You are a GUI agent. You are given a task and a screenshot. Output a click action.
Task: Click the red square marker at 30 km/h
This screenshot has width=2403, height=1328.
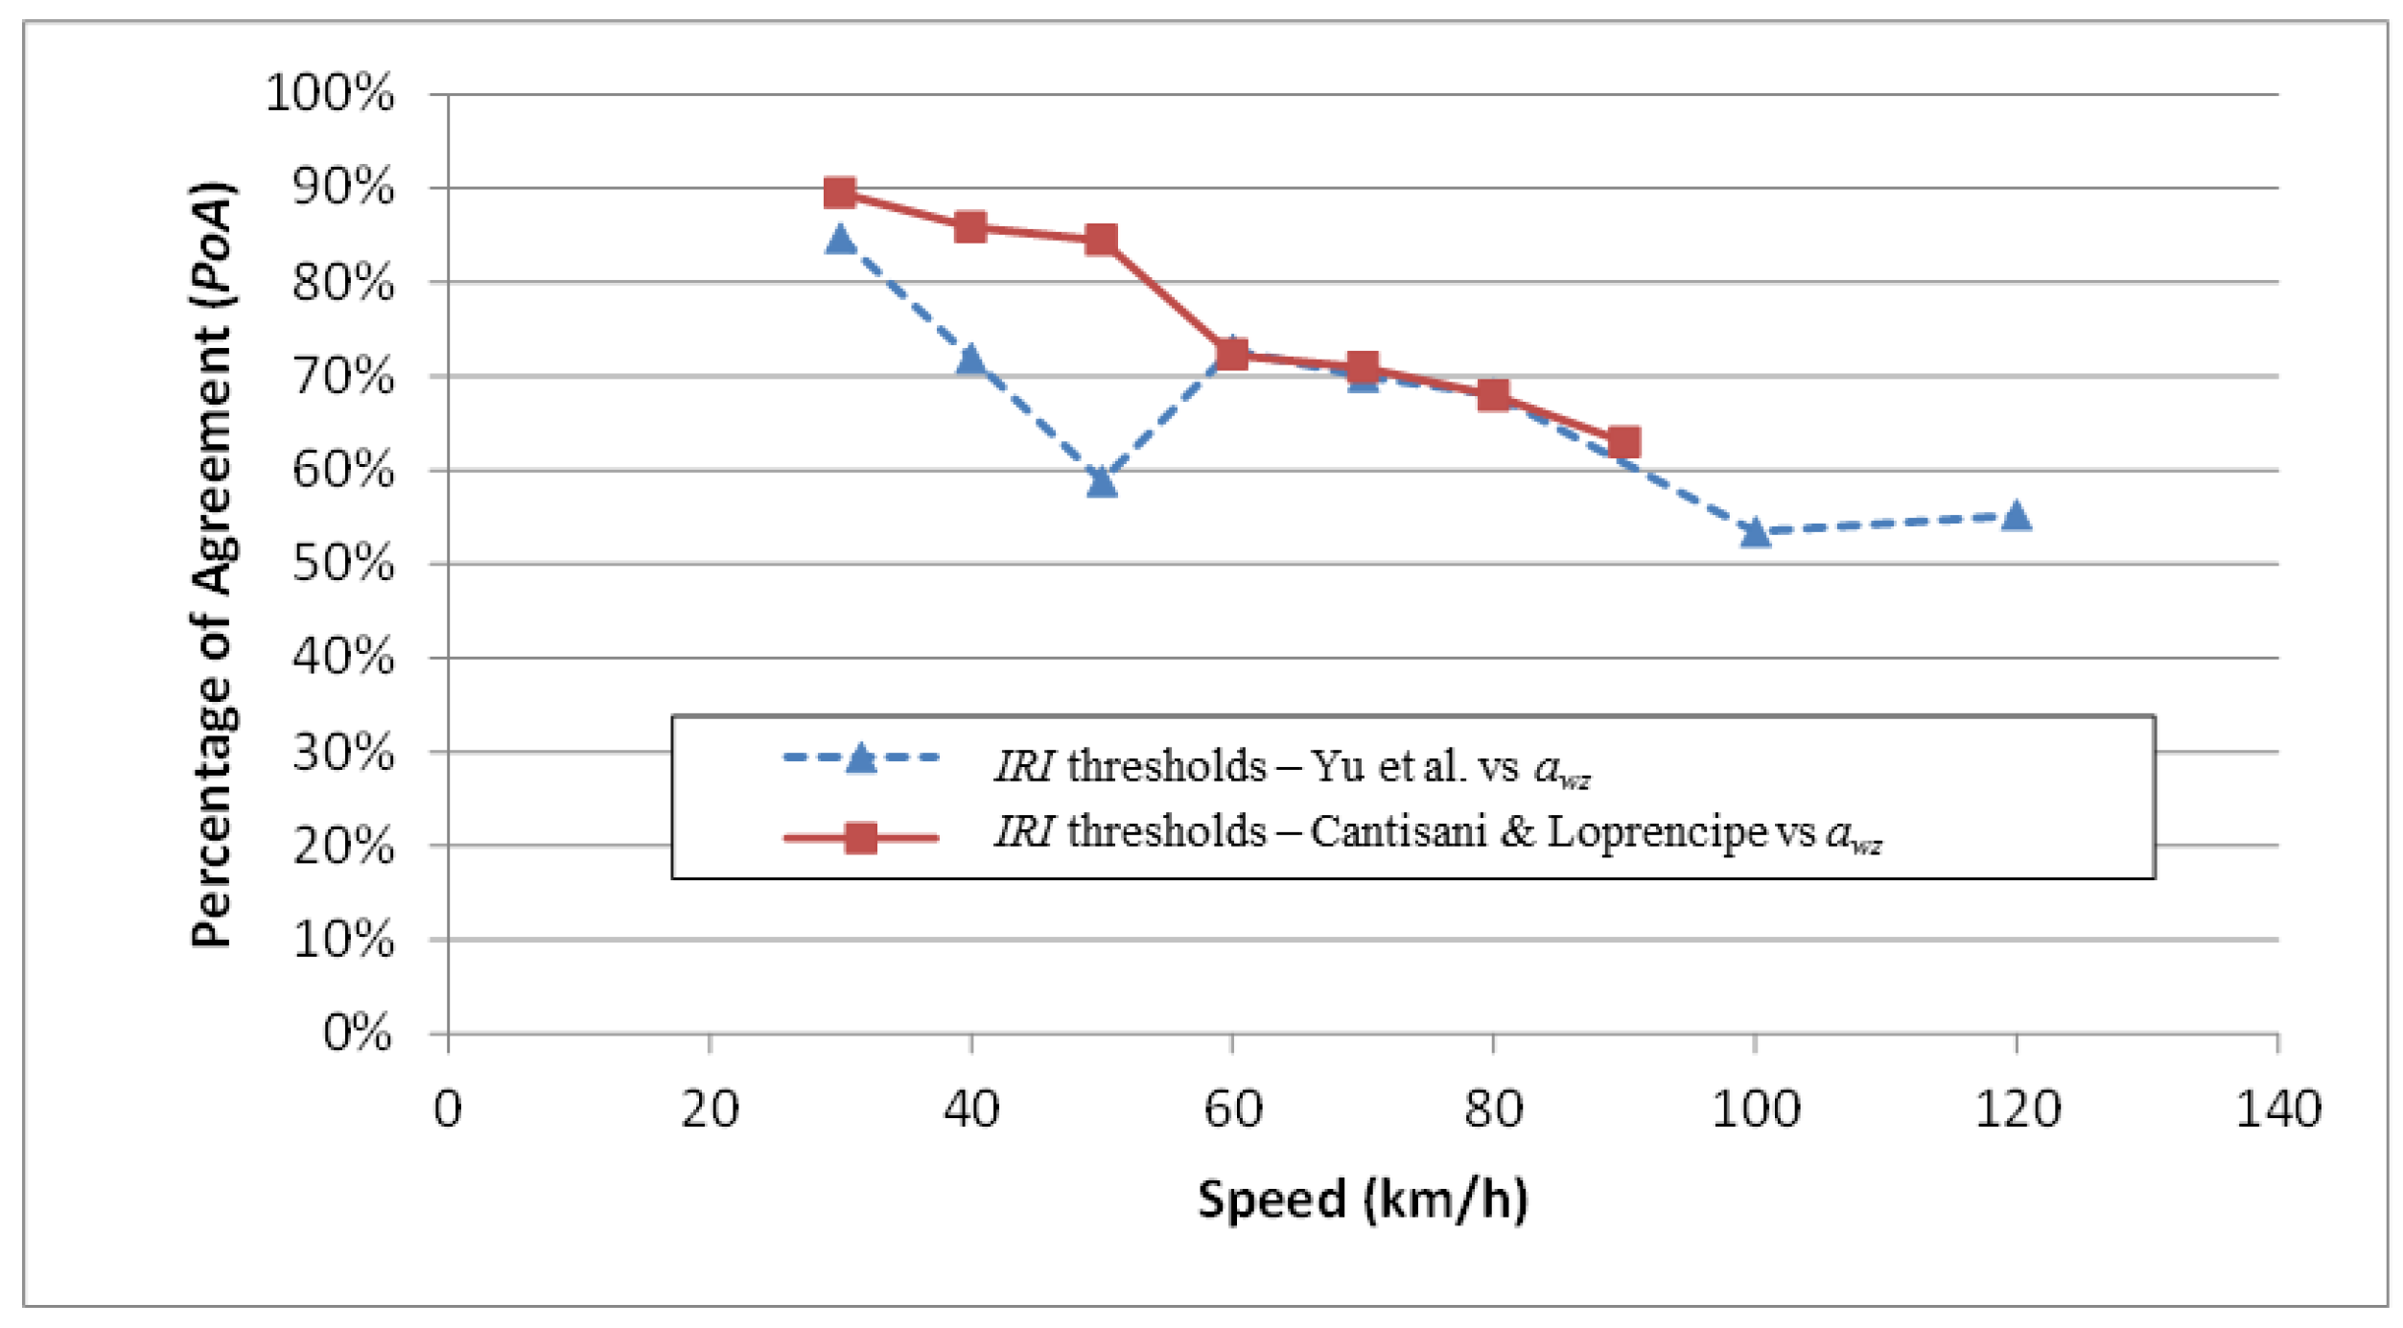pos(840,193)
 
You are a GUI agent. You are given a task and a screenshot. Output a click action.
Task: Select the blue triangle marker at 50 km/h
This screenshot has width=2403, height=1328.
pos(1102,481)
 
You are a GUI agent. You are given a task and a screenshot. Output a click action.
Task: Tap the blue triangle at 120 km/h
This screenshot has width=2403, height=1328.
pos(2017,516)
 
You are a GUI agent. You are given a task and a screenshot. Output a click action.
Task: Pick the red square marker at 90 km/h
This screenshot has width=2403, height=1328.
pos(1623,443)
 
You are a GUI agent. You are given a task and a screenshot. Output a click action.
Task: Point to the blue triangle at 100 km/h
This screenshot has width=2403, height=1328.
pos(1755,532)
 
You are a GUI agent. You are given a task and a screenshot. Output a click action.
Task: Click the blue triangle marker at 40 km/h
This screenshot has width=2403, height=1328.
pos(970,360)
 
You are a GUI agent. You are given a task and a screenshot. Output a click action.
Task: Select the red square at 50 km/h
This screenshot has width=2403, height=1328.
pos(1102,240)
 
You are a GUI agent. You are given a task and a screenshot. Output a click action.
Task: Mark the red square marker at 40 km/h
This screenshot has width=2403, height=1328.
pos(970,227)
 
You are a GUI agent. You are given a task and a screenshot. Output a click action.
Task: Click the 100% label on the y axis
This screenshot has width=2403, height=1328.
pos(330,94)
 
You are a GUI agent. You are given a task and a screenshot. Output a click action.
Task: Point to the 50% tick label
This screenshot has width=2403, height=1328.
pos(343,564)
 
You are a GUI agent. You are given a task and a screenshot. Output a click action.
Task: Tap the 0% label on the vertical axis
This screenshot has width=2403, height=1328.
pos(357,1034)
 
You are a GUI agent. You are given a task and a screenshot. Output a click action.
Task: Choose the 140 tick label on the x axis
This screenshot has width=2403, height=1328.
pos(2277,1109)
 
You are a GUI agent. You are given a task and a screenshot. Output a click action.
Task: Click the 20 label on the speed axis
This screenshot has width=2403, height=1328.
pos(710,1109)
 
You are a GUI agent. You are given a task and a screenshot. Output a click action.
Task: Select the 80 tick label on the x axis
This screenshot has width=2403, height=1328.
pos(1493,1109)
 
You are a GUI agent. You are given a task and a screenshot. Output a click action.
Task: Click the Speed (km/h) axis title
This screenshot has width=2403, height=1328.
pos(1363,1200)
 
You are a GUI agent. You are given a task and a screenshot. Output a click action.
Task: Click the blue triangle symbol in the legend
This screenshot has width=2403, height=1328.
pos(861,758)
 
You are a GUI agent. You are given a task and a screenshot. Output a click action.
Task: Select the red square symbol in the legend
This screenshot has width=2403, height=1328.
pos(861,838)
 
